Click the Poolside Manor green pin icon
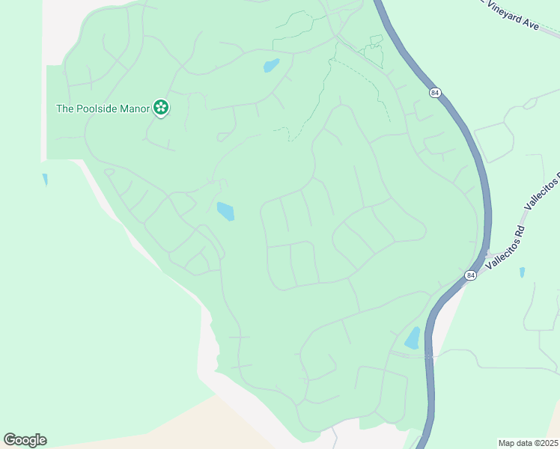[160, 109]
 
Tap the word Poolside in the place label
[97, 109]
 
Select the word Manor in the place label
[136, 109]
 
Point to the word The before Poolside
[65, 109]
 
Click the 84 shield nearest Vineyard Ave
[435, 93]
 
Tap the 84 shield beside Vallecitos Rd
[469, 275]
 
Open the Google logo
[25, 440]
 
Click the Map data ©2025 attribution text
[529, 443]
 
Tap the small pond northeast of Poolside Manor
[271, 66]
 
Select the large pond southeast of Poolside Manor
[225, 212]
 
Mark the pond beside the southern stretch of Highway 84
[413, 338]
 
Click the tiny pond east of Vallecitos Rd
[522, 272]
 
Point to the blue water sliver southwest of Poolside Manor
[45, 180]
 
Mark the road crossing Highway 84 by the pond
[430, 357]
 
